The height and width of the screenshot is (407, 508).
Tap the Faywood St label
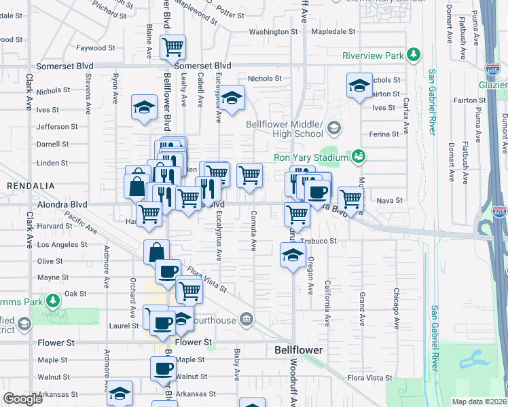pyautogui.click(x=91, y=48)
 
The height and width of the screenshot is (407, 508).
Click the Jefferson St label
pyautogui.click(x=53, y=127)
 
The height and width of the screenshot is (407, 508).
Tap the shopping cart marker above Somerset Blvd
pyautogui.click(x=173, y=47)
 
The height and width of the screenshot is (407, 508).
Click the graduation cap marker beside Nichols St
pyautogui.click(x=359, y=85)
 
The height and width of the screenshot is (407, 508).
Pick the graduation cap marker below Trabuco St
pyautogui.click(x=293, y=256)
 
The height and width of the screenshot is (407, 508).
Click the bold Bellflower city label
pyautogui.click(x=298, y=351)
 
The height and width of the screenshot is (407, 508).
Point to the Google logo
pyautogui.click(x=22, y=399)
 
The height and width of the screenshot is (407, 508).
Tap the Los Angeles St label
pyautogui.click(x=62, y=244)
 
